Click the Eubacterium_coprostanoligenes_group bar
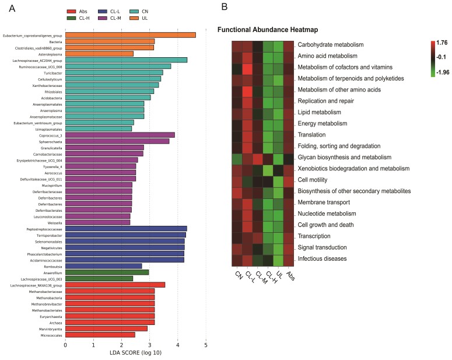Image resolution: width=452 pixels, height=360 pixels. point(130,35)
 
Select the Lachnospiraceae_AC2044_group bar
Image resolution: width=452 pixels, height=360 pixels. point(126,60)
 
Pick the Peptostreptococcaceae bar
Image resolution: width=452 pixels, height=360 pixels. point(126,228)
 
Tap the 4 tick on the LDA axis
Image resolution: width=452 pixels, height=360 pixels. point(178,345)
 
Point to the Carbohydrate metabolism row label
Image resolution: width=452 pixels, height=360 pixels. point(331,44)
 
